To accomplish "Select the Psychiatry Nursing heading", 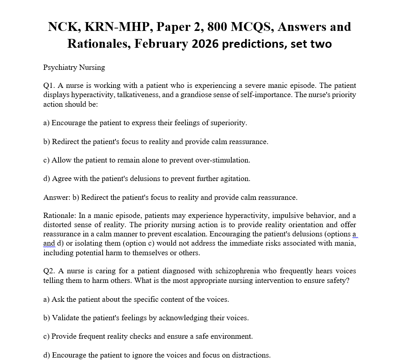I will (x=74, y=67).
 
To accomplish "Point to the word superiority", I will (x=226, y=123).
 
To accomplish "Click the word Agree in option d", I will (x=61, y=179).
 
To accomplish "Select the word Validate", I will (x=65, y=318).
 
